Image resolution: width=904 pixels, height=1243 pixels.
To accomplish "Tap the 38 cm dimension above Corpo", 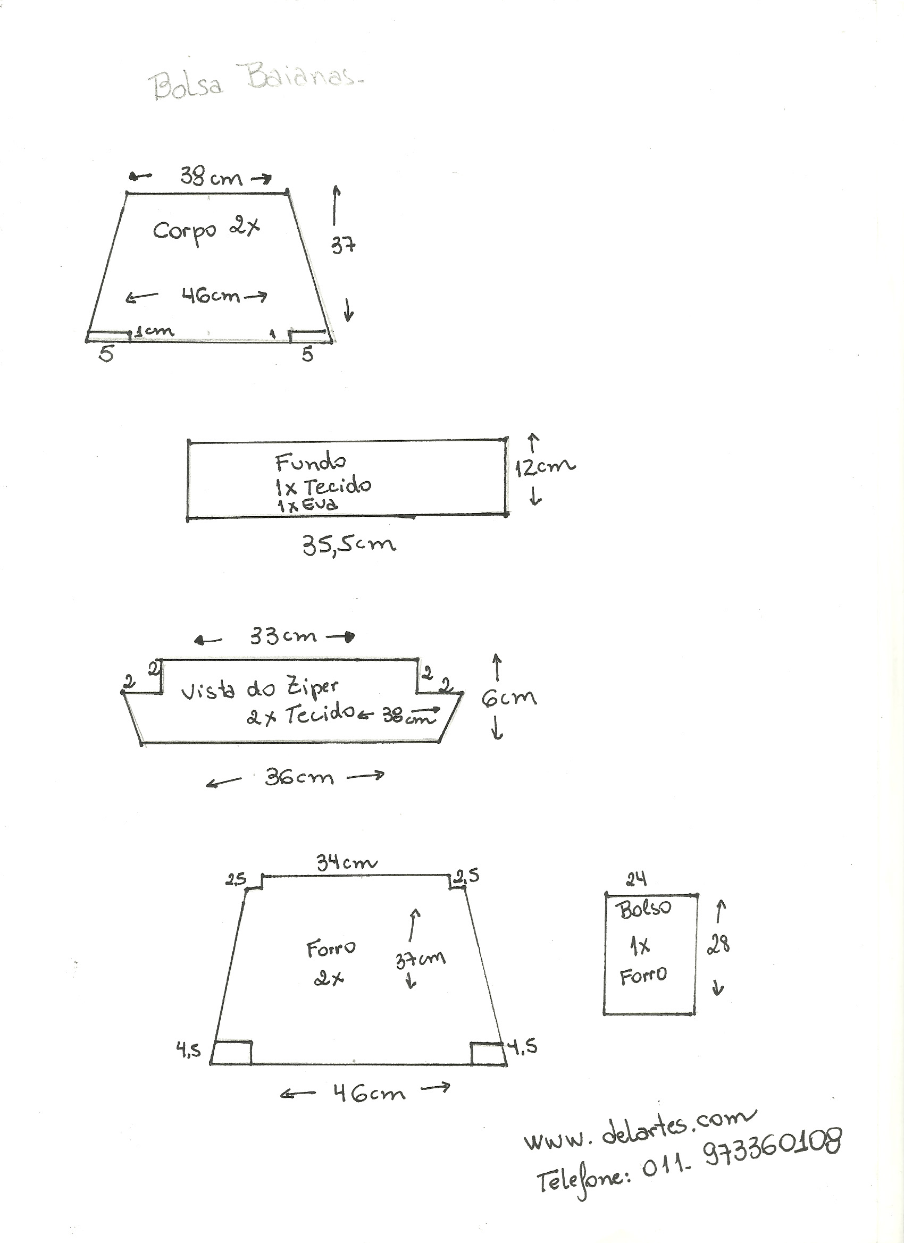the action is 211,177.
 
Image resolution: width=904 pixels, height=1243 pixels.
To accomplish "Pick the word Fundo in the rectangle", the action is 311,463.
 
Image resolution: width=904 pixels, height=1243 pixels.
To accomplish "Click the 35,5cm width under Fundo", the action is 349,545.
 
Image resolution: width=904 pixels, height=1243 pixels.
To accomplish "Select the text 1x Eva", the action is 307,505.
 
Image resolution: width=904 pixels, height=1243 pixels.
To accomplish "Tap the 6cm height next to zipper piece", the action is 509,698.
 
